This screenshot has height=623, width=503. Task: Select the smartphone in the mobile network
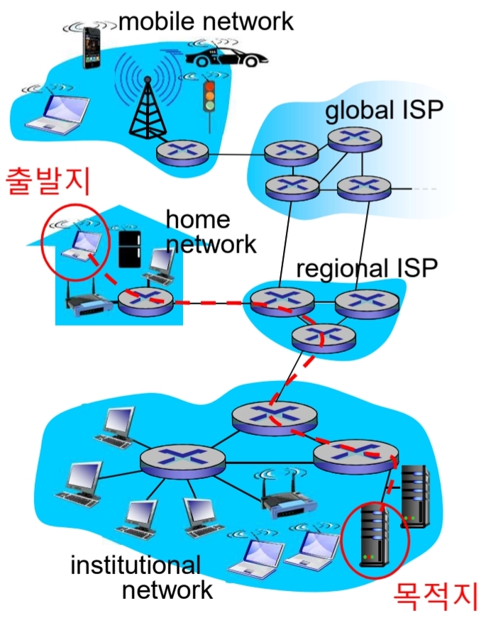tap(91, 48)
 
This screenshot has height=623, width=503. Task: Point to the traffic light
tap(209, 99)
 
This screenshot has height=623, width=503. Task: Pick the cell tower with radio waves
tap(146, 99)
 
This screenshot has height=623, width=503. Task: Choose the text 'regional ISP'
tap(367, 268)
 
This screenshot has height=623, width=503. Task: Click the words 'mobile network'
tap(206, 21)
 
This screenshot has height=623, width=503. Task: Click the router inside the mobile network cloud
tap(182, 152)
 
